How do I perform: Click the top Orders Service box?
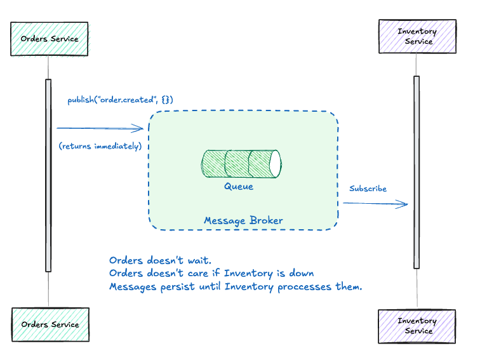(x=50, y=39)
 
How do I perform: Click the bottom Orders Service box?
(x=50, y=324)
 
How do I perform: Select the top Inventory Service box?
(x=417, y=37)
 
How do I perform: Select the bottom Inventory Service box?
(x=417, y=326)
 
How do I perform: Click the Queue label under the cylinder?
(x=238, y=187)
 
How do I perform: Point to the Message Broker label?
(x=243, y=220)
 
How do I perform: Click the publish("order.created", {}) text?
(x=121, y=100)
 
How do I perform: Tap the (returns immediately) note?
(x=100, y=147)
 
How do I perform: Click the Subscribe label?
(x=368, y=189)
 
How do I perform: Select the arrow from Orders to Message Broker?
(x=100, y=128)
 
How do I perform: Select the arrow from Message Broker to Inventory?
(x=375, y=204)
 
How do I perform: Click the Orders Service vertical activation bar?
(x=48, y=175)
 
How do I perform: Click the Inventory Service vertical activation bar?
(x=417, y=171)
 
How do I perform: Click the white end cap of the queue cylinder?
(x=274, y=163)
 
